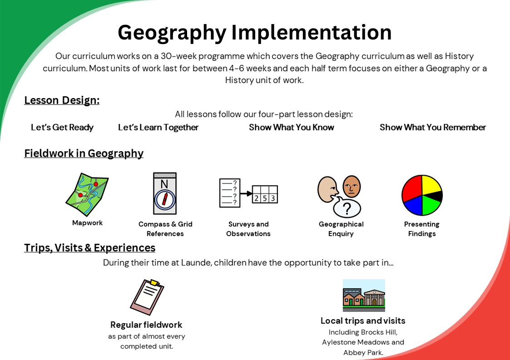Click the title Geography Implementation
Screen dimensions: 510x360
(x=255, y=33)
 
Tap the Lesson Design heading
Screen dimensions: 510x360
(x=62, y=100)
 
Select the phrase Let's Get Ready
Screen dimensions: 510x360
(x=62, y=127)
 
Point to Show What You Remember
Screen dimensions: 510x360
(x=433, y=127)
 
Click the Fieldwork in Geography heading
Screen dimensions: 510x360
(x=84, y=153)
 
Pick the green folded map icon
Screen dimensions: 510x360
(x=87, y=194)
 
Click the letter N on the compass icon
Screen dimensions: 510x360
(x=164, y=184)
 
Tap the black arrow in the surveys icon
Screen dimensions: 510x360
(x=247, y=193)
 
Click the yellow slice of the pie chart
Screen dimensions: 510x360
(x=431, y=185)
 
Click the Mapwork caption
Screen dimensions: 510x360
(x=87, y=223)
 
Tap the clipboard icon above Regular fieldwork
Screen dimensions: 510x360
(x=147, y=297)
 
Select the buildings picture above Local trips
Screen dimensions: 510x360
(x=364, y=295)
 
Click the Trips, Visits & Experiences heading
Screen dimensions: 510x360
(x=90, y=248)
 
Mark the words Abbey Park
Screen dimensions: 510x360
(x=363, y=353)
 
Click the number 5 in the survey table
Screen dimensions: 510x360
(x=265, y=198)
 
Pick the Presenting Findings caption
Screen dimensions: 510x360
(x=421, y=229)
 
